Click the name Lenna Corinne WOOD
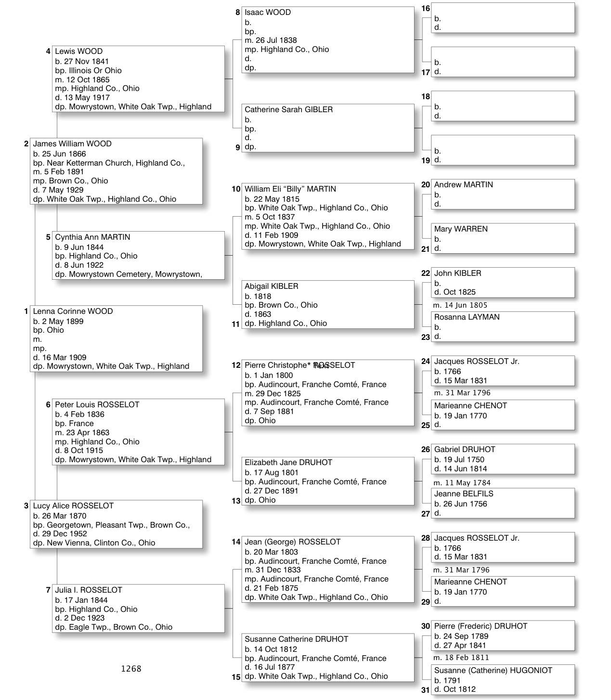(x=73, y=311)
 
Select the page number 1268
(x=131, y=669)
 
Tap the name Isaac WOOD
(x=267, y=13)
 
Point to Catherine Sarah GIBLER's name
(x=288, y=110)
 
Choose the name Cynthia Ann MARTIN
(x=92, y=237)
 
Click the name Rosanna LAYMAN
(x=467, y=317)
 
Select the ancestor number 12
(x=236, y=365)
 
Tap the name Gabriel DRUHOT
(x=464, y=450)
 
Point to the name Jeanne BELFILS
(x=463, y=494)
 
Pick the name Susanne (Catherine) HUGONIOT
(x=493, y=671)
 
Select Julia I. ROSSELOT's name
(x=89, y=590)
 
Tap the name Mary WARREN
(x=461, y=229)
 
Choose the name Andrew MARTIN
(x=463, y=185)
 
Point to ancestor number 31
(x=425, y=690)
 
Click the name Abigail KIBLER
(x=271, y=286)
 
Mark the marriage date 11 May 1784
(x=467, y=483)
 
